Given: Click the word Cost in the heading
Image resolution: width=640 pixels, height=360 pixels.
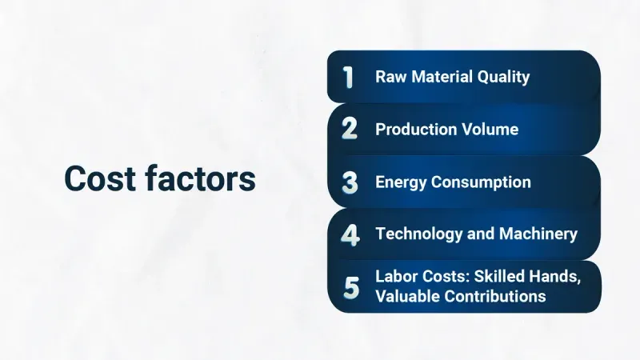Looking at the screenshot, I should [x=100, y=179].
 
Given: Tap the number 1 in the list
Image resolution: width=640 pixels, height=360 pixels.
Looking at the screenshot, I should [x=348, y=78].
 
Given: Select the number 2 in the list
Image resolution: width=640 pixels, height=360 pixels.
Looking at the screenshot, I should [x=349, y=129].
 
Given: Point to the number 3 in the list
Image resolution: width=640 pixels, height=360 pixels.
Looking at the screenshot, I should [x=350, y=182].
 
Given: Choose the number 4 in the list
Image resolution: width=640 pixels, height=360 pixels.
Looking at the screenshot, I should [x=350, y=234].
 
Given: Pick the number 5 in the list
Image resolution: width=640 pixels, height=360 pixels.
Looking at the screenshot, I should [x=351, y=286].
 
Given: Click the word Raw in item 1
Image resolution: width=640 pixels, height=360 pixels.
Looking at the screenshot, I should [x=390, y=78].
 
